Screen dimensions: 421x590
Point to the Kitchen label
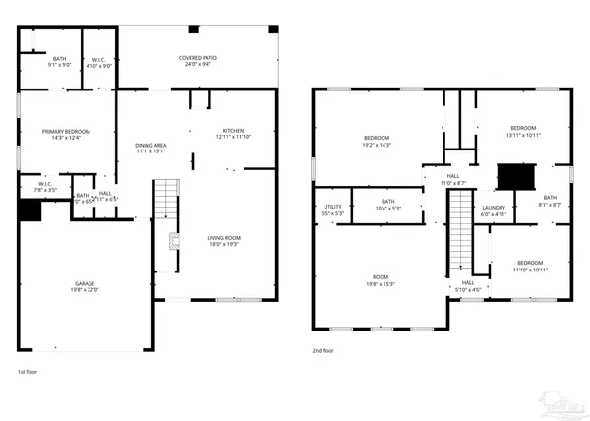[x=233, y=134]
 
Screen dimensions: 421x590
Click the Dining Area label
[x=150, y=149]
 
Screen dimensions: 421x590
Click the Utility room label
[x=332, y=210]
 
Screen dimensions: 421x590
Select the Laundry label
[x=493, y=210]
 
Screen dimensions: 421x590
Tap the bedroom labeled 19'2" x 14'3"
[x=378, y=141]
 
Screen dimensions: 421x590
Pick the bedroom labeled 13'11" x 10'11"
[x=522, y=131]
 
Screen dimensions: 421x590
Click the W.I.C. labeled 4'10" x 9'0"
[x=98, y=62]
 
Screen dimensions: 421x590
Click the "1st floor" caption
[x=29, y=372]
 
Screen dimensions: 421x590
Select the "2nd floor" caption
[x=324, y=349]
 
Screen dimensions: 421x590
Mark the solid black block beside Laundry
[x=513, y=177]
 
